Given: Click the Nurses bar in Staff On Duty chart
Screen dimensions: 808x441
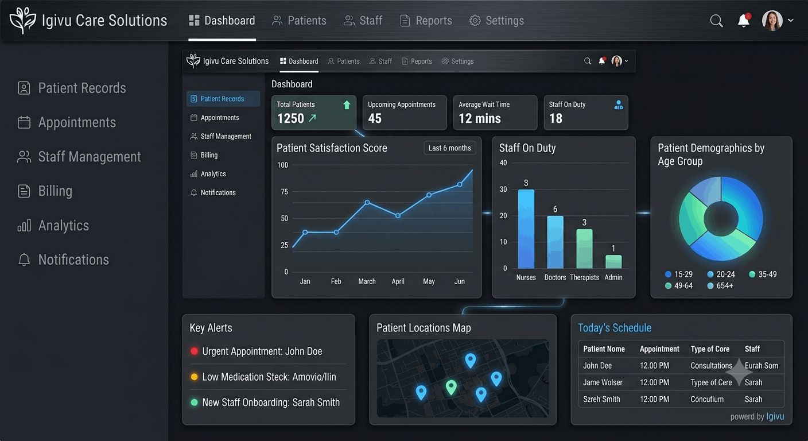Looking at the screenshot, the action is [x=526, y=229].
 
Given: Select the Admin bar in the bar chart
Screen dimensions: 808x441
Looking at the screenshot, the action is [x=613, y=262].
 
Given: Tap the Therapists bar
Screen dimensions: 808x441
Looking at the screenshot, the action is [x=584, y=249].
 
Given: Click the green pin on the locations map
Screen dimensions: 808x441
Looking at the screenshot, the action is [x=451, y=388].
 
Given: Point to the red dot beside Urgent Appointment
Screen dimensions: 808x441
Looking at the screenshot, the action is [x=194, y=351].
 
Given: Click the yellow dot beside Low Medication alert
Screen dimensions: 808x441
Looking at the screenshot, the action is [x=194, y=377].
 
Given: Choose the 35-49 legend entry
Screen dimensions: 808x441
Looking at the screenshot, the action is [x=763, y=274].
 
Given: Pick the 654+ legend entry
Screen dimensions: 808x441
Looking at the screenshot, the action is [x=720, y=286].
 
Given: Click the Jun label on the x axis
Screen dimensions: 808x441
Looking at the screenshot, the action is [x=459, y=281].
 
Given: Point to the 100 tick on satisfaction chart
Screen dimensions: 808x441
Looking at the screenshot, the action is [x=282, y=165].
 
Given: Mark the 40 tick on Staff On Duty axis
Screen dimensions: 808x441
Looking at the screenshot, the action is [x=503, y=163].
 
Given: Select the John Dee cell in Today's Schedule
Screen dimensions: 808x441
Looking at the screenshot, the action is [x=597, y=366].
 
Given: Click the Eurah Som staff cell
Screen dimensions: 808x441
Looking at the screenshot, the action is [x=762, y=366].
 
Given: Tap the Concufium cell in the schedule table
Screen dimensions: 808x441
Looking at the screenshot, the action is [x=707, y=399].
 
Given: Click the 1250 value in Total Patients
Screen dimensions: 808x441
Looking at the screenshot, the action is [x=291, y=118].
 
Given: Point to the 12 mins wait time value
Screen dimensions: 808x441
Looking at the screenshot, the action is [x=480, y=118].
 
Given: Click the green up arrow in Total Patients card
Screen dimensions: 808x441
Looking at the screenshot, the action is [x=347, y=105].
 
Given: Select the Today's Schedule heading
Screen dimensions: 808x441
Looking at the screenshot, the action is [x=615, y=328].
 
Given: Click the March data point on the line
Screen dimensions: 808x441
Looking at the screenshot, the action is [x=367, y=203].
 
